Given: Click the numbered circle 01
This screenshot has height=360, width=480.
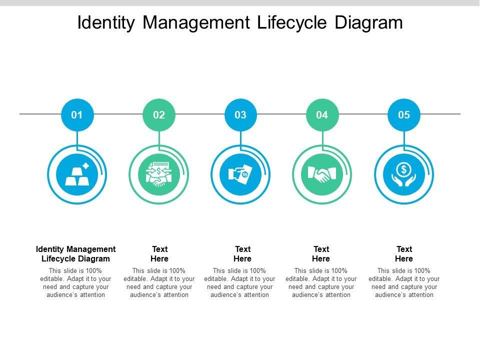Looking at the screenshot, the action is coord(77,115).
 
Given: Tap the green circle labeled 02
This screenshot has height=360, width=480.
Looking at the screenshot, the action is coord(159,115).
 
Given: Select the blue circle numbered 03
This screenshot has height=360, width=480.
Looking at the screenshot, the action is coord(240,115).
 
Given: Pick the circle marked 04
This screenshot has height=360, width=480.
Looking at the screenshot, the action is coord(322,115).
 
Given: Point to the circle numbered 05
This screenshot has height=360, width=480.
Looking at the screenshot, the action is coord(404,115).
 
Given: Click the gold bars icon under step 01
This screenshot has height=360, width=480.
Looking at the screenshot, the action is coord(77,174).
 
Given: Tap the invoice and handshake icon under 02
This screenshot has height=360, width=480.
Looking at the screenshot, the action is coord(159,174).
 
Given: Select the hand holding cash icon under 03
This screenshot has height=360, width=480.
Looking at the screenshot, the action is coord(240,174).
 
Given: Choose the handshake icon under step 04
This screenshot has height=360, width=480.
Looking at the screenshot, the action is coord(322,174).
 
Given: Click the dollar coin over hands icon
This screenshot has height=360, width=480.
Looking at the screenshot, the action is coord(404,174).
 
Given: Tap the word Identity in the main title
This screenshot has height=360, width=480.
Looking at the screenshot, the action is coord(106,23).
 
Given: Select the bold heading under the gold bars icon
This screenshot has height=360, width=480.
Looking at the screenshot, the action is coord(76,254).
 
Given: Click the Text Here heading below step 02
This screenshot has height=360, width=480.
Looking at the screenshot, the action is coord(159,254).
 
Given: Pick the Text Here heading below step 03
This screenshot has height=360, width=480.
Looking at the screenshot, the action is coord(242,254).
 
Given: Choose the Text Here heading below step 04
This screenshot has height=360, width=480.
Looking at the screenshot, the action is coord(321,254).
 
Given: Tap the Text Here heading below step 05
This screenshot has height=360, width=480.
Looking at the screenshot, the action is coord(404,254).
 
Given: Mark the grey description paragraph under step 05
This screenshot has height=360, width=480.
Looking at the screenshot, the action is coord(404,283).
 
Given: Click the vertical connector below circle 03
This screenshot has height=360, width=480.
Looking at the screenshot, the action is coord(240,138).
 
